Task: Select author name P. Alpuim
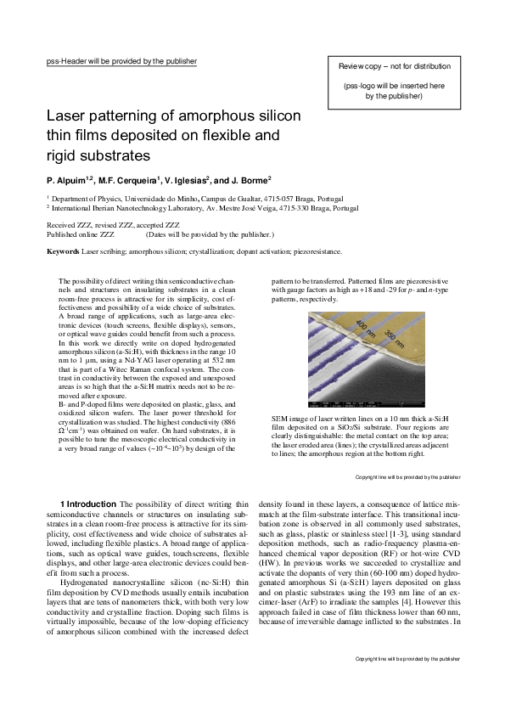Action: point(70,179)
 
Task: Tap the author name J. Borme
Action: point(250,179)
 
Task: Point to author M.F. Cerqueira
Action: point(134,179)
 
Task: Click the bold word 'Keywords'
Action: point(63,251)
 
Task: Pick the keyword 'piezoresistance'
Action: point(315,251)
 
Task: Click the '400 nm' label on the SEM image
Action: point(365,329)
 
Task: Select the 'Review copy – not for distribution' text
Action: point(394,65)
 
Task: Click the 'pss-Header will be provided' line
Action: point(121,61)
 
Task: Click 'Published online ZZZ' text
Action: point(80,234)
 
